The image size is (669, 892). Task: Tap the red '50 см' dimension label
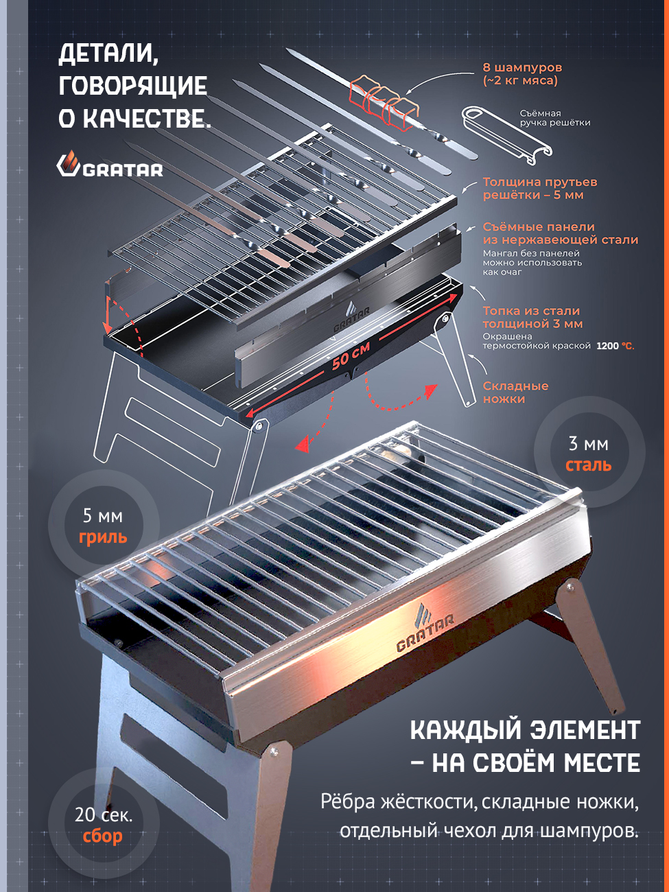pos(351,355)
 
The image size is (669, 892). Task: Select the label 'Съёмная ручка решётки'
pos(555,118)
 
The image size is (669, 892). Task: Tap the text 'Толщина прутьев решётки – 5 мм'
pos(540,188)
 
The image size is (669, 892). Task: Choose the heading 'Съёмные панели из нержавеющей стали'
pos(561,233)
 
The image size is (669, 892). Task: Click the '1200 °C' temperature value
pos(615,347)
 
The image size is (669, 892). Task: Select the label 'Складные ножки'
pos(515,392)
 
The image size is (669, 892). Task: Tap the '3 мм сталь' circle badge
pos(589,452)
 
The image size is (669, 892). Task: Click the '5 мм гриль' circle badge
pos(103,526)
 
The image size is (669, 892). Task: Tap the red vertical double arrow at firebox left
pos(108,315)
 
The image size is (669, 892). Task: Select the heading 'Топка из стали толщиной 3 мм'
pos(532,318)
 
